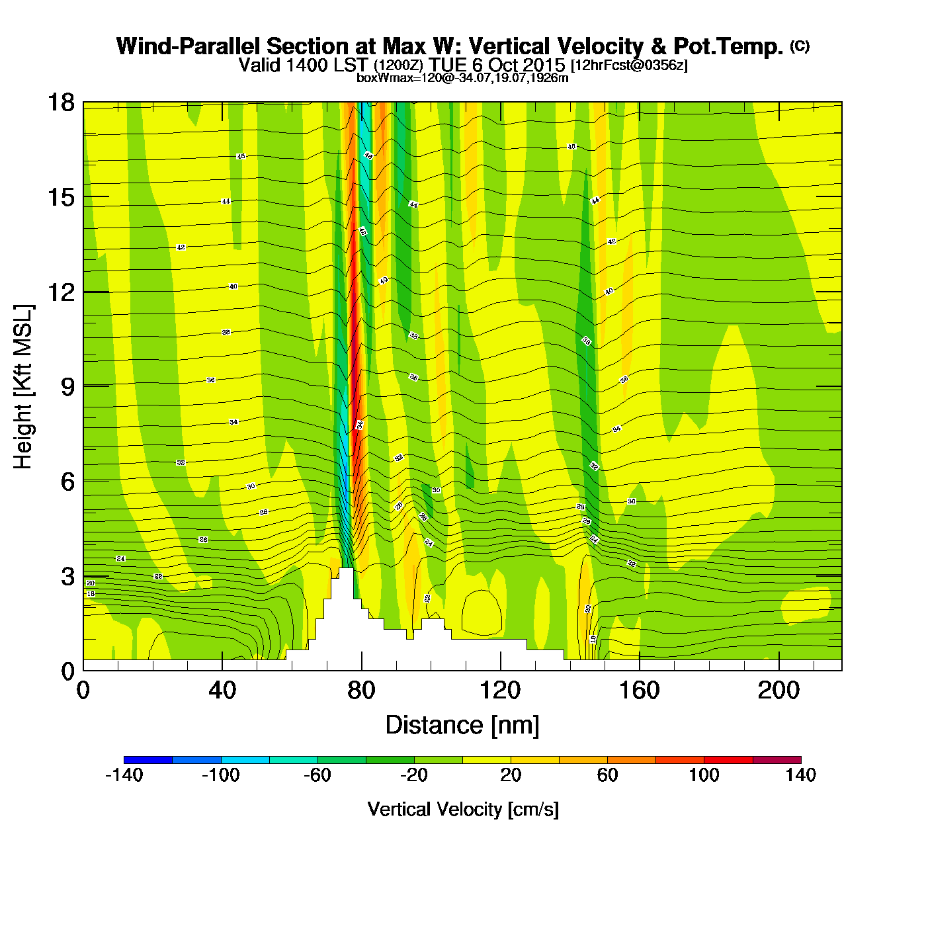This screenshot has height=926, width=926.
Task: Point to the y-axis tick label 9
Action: point(67,387)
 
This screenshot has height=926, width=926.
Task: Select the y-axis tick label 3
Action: point(67,577)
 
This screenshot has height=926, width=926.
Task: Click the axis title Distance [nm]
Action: point(462,726)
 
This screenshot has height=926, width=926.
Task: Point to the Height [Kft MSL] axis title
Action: point(23,387)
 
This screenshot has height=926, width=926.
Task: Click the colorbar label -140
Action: point(124,775)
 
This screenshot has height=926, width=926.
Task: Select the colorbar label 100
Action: point(704,775)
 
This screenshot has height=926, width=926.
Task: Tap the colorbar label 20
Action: point(511,775)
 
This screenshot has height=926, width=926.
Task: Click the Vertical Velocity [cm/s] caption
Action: point(462,810)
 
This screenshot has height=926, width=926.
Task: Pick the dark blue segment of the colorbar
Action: point(148,760)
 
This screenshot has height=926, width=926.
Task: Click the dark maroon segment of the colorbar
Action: point(777,760)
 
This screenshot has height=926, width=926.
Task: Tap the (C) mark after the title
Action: point(800,46)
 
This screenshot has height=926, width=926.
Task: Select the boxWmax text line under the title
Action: point(462,78)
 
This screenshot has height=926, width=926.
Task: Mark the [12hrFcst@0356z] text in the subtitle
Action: point(629,65)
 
